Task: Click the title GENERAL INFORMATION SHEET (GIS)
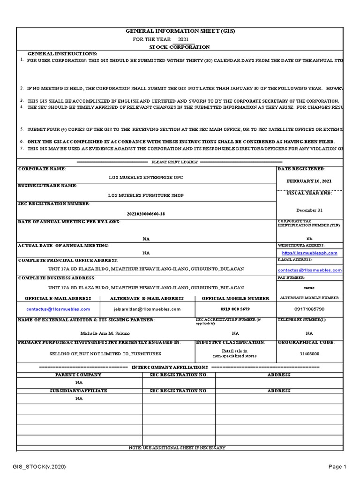click(x=180, y=31)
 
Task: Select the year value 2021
click(x=183, y=39)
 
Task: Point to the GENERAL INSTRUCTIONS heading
click(x=62, y=54)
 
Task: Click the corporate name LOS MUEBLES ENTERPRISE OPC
click(x=146, y=178)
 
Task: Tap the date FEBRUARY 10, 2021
click(x=309, y=181)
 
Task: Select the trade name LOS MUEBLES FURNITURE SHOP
click(x=146, y=195)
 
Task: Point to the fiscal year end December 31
click(x=309, y=210)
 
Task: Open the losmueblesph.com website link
click(x=309, y=253)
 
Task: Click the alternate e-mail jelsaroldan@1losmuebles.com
click(x=147, y=309)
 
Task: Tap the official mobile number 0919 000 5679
click(x=235, y=309)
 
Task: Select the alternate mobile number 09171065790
click(x=309, y=309)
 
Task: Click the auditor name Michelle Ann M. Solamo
click(x=105, y=333)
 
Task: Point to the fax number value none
click(x=309, y=287)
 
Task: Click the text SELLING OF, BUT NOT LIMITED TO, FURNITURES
click(x=105, y=354)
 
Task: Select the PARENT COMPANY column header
click(x=78, y=375)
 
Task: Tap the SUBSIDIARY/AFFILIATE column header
click(x=78, y=390)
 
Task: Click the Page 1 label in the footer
click(x=337, y=467)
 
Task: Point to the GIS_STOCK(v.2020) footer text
click(x=39, y=467)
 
